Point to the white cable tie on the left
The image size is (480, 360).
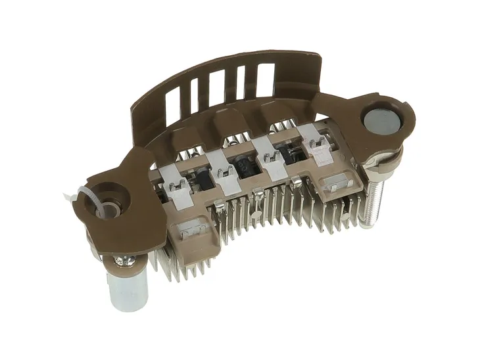point(85,197)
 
